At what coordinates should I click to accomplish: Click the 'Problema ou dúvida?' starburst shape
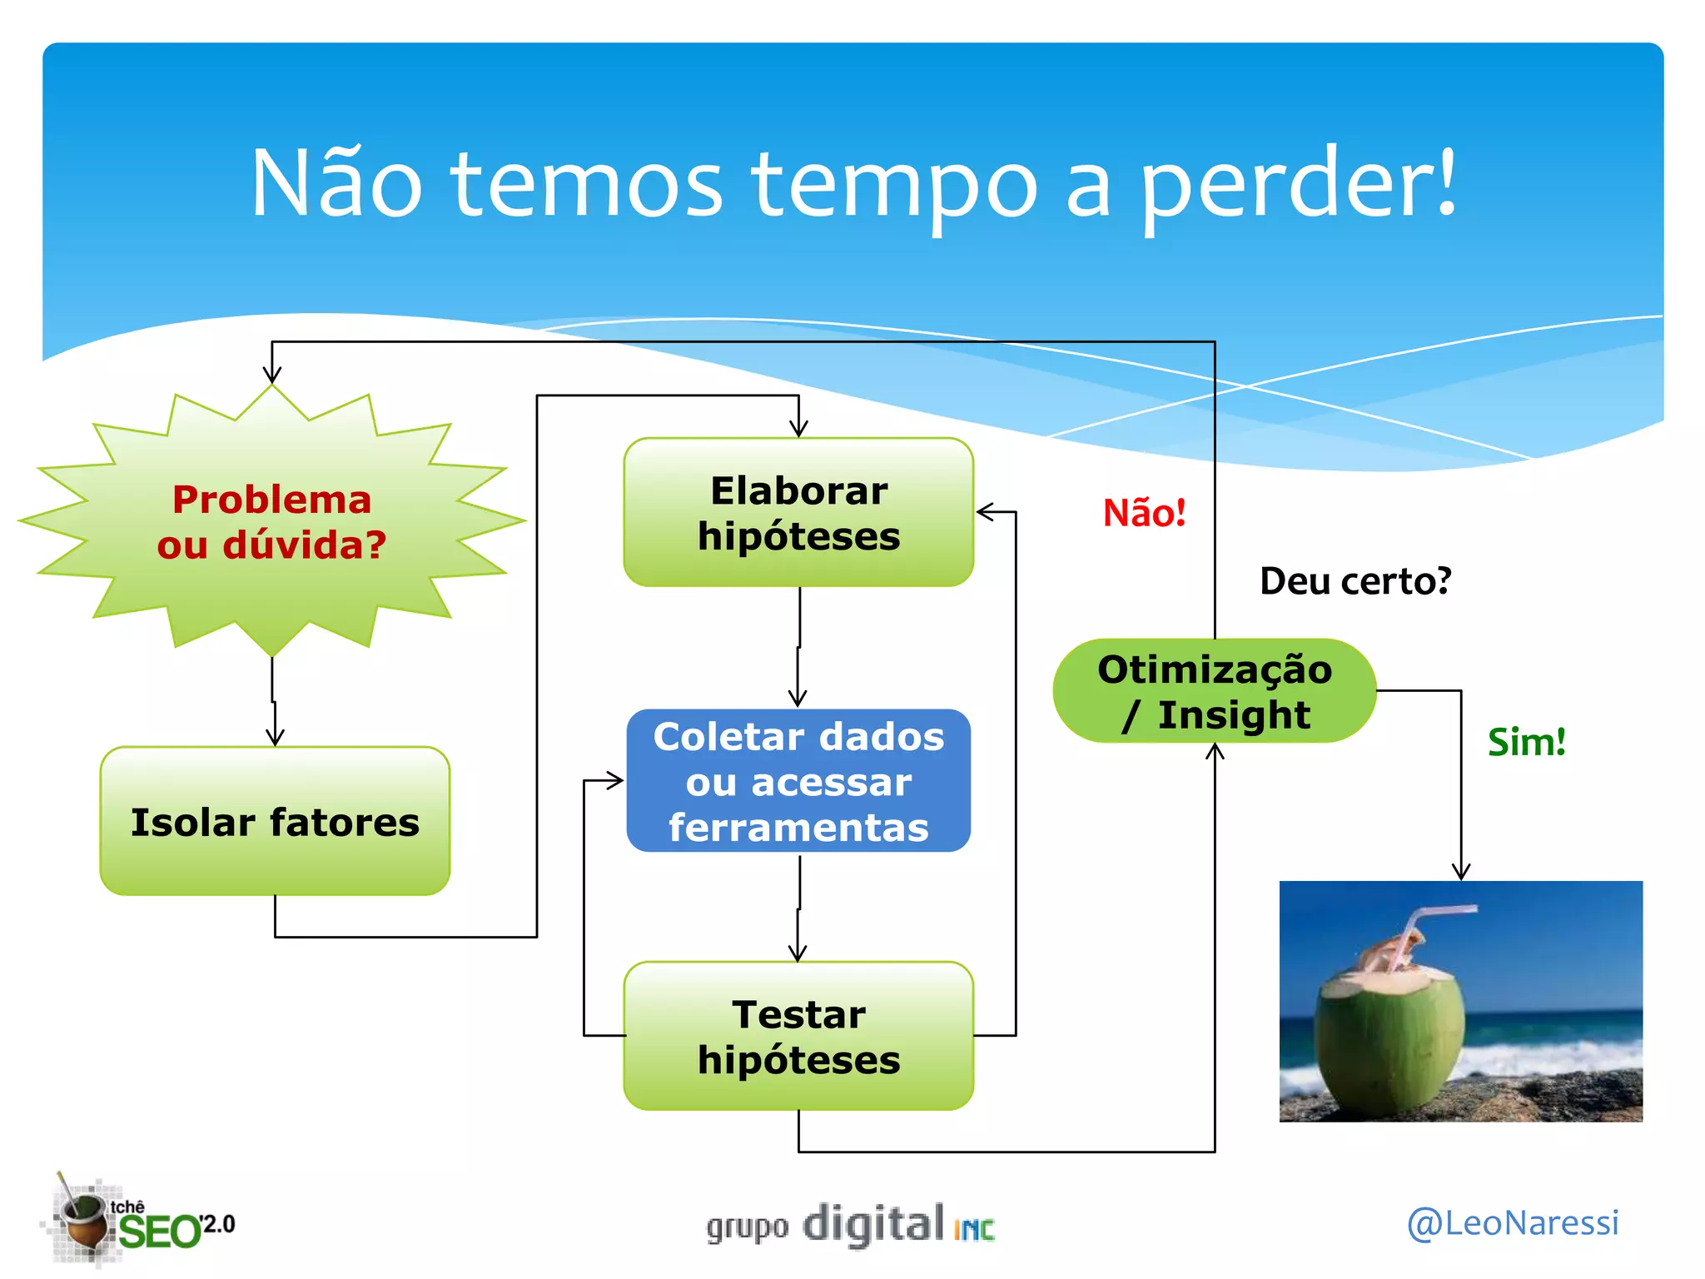coord(272,521)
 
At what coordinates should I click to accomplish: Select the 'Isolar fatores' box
coord(275,821)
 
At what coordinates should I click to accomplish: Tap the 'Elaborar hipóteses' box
coord(798,512)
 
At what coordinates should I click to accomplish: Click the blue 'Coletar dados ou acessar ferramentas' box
coord(798,781)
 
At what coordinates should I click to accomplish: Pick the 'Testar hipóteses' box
coord(798,1036)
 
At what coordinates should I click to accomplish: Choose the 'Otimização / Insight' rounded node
coord(1214,691)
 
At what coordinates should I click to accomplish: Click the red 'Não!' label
coord(1144,513)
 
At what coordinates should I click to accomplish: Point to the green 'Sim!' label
coord(1526,742)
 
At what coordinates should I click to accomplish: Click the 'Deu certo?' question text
coord(1355,581)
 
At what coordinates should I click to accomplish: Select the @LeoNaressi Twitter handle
coord(1512,1222)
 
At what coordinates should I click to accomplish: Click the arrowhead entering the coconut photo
coord(1461,872)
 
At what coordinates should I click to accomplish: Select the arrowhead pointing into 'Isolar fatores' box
coord(275,737)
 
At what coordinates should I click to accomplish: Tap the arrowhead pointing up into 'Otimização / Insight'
coord(1215,752)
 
